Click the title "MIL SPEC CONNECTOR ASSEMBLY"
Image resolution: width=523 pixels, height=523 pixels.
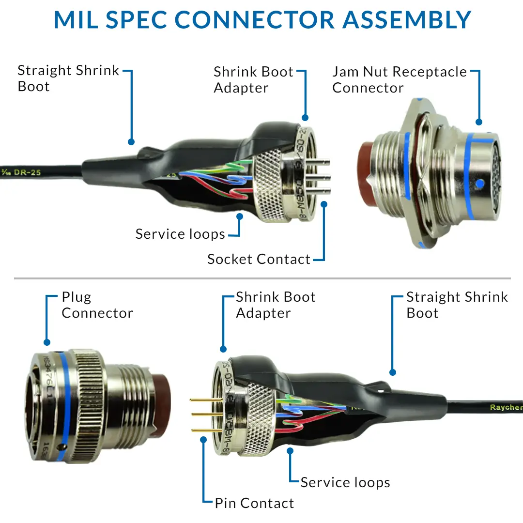(262, 19)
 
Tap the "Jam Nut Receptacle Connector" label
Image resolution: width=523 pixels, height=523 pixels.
(399, 79)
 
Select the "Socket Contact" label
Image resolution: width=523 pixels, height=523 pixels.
(259, 259)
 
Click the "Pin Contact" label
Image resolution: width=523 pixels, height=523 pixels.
(254, 503)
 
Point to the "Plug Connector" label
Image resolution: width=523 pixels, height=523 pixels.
(97, 305)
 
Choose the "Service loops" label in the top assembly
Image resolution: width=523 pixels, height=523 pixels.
(180, 234)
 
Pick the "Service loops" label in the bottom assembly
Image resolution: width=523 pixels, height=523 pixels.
(345, 482)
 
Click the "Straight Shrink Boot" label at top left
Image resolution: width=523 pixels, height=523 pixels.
(68, 78)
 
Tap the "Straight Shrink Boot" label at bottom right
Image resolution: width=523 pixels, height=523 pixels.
(457, 305)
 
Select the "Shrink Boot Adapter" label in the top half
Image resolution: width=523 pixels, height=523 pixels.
(253, 80)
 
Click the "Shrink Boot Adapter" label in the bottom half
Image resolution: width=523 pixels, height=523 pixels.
(276, 305)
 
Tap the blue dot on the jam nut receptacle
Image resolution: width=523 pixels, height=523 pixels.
(480, 184)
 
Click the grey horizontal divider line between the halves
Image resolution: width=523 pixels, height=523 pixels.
(261, 278)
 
